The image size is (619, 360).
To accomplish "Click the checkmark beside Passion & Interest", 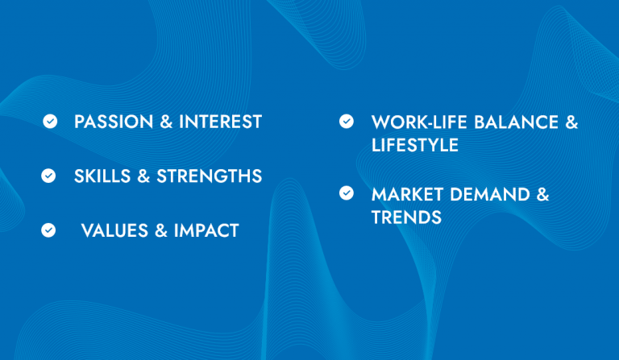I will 50,122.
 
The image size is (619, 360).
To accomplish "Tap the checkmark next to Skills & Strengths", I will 48,176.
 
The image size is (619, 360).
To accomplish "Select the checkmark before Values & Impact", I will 48,230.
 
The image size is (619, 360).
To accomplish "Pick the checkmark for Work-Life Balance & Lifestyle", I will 347,122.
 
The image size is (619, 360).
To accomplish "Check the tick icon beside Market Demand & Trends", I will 347,193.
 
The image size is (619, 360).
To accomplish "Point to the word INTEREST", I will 220,122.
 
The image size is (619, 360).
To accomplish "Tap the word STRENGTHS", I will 210,176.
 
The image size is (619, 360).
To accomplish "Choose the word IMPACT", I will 206,230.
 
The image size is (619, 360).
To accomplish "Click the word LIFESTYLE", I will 414,145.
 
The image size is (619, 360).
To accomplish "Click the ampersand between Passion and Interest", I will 165,122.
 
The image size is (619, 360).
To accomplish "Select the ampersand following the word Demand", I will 542,194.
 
